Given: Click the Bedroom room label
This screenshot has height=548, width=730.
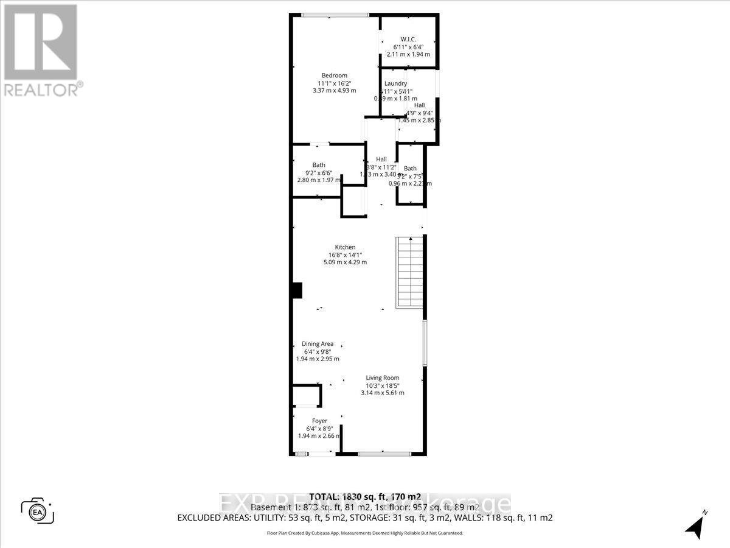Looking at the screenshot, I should click(x=335, y=76).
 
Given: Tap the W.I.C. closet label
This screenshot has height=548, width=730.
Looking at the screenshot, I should click(x=408, y=39).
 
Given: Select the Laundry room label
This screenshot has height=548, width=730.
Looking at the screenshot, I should click(x=395, y=83).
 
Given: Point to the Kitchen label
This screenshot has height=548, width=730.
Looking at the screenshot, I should click(x=345, y=247).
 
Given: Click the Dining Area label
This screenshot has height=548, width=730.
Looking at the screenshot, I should click(x=318, y=344).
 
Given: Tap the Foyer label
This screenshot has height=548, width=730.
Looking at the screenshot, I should click(x=319, y=421).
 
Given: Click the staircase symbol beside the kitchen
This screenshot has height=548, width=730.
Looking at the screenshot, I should click(x=409, y=272).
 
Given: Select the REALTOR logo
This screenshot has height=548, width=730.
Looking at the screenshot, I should click(x=41, y=50).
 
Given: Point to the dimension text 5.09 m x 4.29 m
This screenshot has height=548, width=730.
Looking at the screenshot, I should click(x=345, y=262).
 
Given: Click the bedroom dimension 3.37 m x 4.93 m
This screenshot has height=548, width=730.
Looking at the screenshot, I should click(x=334, y=91).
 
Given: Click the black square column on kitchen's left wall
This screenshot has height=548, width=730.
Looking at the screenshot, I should click(x=296, y=290).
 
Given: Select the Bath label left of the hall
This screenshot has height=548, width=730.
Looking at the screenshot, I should click(x=319, y=165).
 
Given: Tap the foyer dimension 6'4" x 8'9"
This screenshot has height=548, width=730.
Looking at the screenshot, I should click(x=319, y=429).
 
